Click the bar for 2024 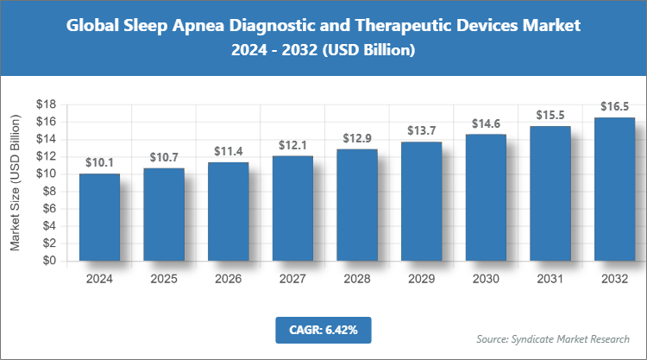99,217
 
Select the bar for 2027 293,208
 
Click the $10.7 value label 164,157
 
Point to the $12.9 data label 357,138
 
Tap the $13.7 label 422,131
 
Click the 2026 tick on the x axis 229,279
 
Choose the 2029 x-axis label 422,279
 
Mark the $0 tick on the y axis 49,261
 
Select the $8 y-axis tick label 49,191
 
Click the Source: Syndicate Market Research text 553,338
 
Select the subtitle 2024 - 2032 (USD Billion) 323,51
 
